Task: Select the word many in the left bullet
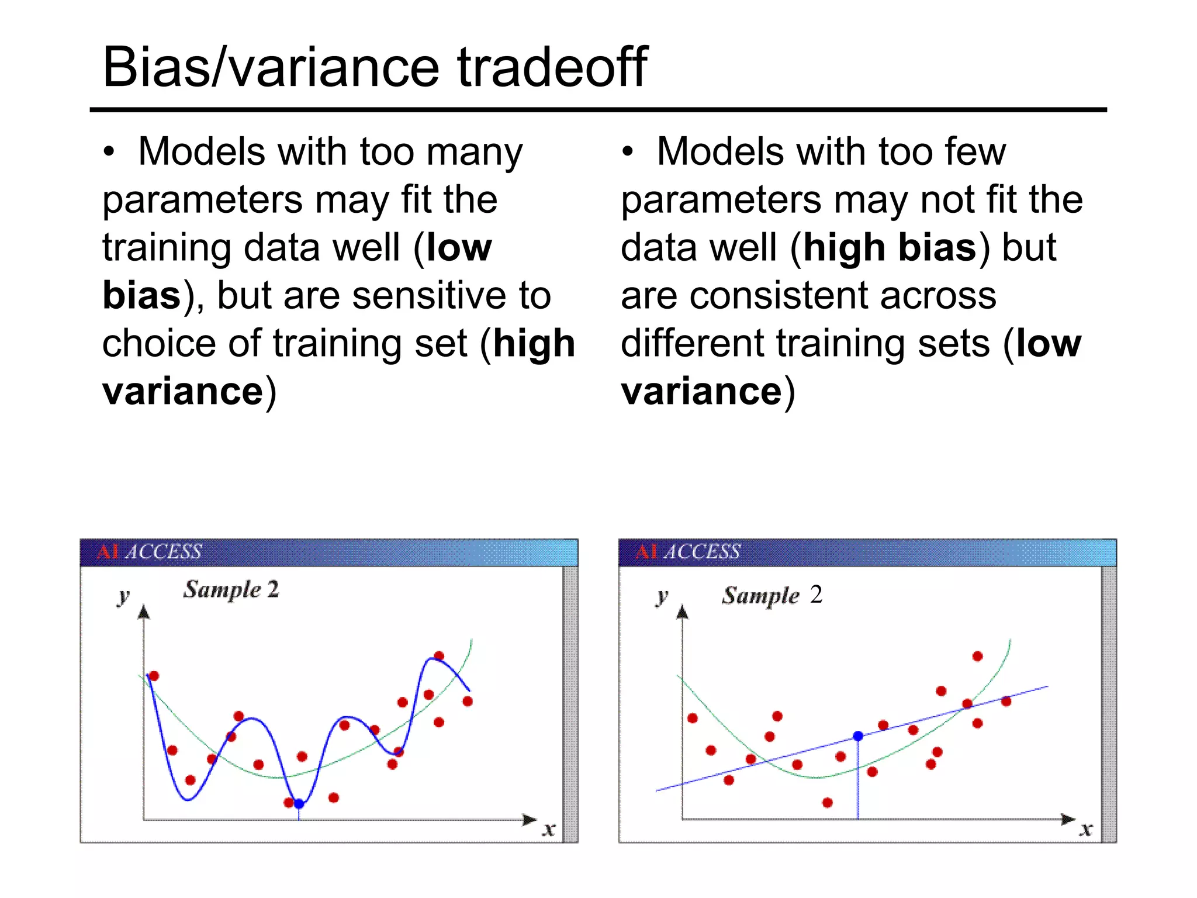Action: click(x=474, y=152)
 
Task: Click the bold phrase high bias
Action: click(x=890, y=247)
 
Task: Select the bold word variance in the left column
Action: click(x=183, y=391)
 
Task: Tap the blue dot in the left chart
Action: click(x=299, y=804)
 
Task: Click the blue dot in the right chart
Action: click(x=858, y=736)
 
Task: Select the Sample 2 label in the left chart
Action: click(x=231, y=589)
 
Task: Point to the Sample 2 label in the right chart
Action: click(x=772, y=595)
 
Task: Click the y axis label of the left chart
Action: click(x=123, y=597)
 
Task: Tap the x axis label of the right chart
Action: click(x=1086, y=828)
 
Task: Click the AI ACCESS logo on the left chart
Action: click(x=149, y=552)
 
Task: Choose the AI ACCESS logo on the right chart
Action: click(x=687, y=552)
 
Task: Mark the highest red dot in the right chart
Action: click(x=977, y=657)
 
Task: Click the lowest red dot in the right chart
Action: click(x=827, y=803)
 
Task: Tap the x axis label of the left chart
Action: click(x=548, y=828)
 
